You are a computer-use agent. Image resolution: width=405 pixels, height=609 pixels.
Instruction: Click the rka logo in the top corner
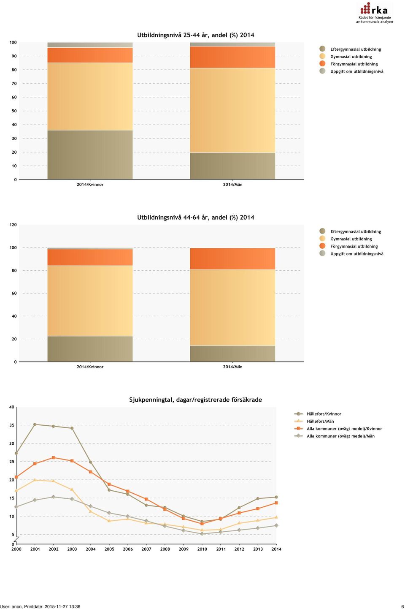click(x=375, y=13)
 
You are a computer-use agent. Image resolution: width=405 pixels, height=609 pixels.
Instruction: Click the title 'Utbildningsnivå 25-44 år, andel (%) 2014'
click(x=196, y=35)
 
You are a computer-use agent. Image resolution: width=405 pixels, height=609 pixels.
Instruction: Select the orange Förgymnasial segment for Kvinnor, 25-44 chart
click(x=90, y=55)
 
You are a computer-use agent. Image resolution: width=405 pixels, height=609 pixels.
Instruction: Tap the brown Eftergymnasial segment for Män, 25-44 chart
click(x=232, y=166)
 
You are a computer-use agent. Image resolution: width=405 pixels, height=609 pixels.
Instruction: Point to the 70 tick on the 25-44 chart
click(x=14, y=84)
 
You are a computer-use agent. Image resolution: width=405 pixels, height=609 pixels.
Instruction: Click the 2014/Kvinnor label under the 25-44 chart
click(x=90, y=184)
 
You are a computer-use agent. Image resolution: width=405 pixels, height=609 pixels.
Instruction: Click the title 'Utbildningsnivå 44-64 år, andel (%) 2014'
click(x=196, y=217)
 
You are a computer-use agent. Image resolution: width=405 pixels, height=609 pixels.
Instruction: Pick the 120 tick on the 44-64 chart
click(x=13, y=225)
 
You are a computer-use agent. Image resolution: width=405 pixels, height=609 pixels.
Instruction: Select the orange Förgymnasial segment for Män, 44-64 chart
click(x=232, y=258)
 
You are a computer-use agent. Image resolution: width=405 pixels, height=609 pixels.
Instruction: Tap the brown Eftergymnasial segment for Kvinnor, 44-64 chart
click(x=90, y=349)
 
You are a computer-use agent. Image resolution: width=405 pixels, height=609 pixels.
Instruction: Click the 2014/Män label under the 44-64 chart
click(x=232, y=367)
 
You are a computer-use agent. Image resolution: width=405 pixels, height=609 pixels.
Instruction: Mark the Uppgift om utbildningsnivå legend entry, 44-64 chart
click(x=351, y=254)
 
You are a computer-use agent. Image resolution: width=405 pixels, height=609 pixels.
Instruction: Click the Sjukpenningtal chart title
click(x=196, y=400)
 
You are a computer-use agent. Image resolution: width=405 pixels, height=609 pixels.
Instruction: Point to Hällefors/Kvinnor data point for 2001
click(x=35, y=424)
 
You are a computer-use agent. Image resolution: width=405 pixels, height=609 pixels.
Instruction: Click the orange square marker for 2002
click(x=54, y=457)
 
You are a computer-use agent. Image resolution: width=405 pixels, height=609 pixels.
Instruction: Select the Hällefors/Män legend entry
click(x=314, y=421)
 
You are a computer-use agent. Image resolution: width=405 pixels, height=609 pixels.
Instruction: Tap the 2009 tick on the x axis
click(x=184, y=549)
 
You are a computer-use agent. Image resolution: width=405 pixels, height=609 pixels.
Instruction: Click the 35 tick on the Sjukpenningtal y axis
click(x=12, y=425)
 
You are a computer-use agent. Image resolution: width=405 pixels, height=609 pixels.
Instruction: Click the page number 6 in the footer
click(x=402, y=606)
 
